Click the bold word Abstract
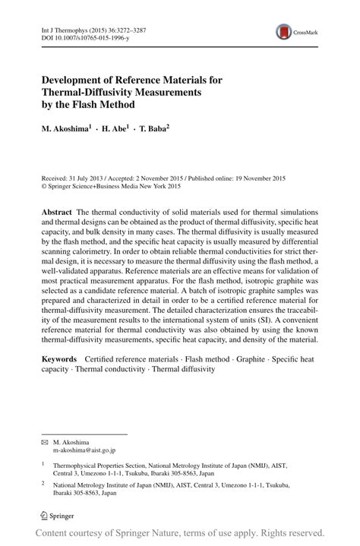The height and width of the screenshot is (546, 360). tap(57, 212)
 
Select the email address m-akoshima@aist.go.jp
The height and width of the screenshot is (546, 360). tap(85, 450)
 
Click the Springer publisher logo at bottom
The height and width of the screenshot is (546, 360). tap(60, 516)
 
